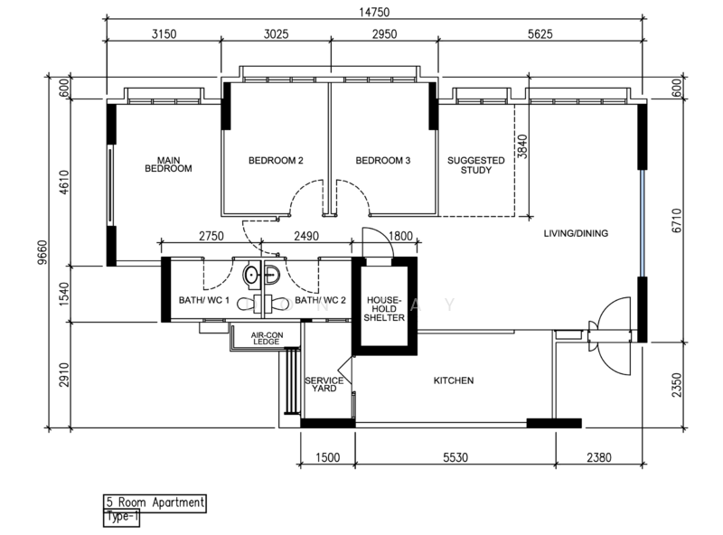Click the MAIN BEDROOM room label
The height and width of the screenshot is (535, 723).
click(x=168, y=164)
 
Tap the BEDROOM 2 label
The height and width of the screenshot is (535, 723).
click(x=276, y=161)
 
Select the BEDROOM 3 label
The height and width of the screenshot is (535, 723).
click(x=382, y=161)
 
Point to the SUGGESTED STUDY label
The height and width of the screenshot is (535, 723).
click(x=476, y=165)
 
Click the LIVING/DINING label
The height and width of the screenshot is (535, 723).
click(x=576, y=233)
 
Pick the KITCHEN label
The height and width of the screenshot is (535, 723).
click(x=454, y=380)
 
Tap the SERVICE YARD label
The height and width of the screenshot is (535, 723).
click(x=324, y=384)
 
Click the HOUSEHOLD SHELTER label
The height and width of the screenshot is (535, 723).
click(x=384, y=308)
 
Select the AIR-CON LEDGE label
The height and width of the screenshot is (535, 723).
click(x=267, y=338)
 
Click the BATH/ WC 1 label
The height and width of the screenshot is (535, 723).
click(x=204, y=300)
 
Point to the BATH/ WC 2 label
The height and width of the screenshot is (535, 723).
click(x=320, y=300)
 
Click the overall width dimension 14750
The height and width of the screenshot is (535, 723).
click(x=374, y=13)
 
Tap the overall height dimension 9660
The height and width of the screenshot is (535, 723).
click(x=42, y=252)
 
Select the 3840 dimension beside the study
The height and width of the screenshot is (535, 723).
click(x=521, y=146)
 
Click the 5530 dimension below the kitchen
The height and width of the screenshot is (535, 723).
click(x=455, y=457)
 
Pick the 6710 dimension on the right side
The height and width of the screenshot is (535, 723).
click(x=676, y=221)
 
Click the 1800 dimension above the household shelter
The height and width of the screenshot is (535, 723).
click(x=400, y=236)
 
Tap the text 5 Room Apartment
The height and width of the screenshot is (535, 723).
click(x=155, y=502)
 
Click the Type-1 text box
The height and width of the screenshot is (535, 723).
click(x=122, y=517)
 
